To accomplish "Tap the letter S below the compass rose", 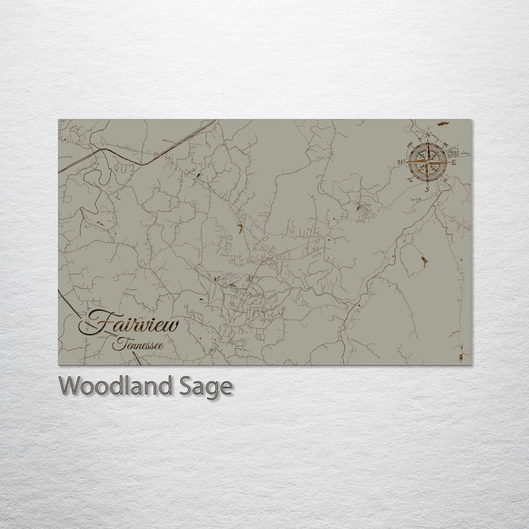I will [425, 189].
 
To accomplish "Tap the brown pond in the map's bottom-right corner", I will [461, 356].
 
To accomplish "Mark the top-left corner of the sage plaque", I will [59, 120].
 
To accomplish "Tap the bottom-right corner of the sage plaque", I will [472, 365].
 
